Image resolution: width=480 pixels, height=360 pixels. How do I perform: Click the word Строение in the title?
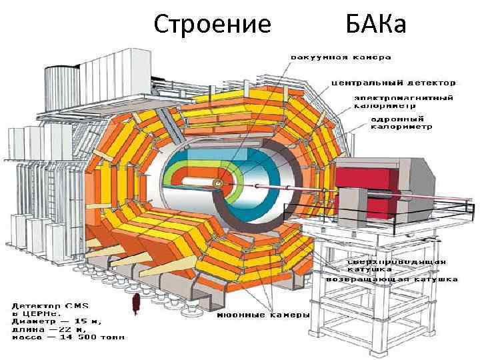click(x=212, y=25)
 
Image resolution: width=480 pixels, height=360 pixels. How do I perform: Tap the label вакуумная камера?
click(x=339, y=57)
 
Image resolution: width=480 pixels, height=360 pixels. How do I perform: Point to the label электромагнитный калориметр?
click(x=403, y=101)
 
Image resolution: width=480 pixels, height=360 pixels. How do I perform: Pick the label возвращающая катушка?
click(x=392, y=279)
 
